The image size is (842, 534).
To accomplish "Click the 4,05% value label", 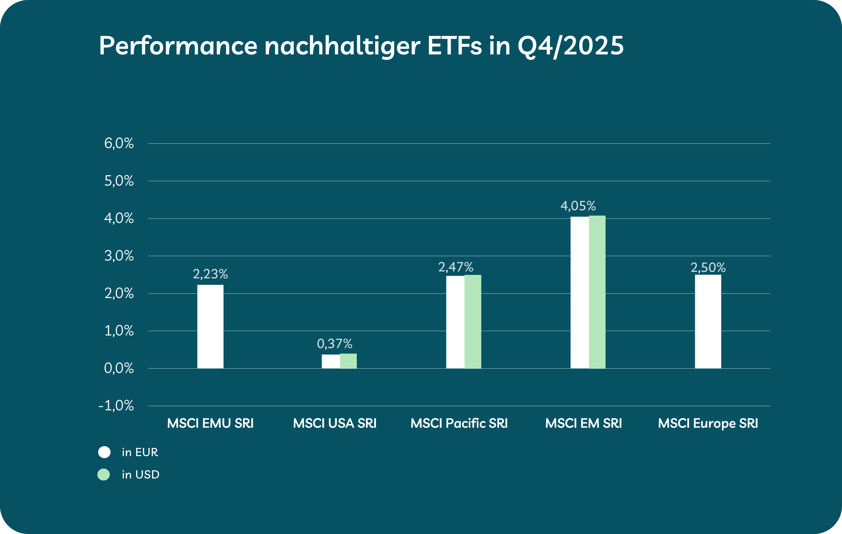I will pos(578,206).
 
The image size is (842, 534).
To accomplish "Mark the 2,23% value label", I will pos(210,274).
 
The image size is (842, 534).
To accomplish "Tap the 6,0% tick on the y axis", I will pos(119,143).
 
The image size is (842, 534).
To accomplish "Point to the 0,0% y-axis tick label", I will pos(119,368).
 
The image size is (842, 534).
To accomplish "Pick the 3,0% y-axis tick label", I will pos(119,256).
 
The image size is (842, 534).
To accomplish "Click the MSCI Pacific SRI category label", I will pos(459,423).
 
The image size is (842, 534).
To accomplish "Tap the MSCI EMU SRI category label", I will pos(210,423).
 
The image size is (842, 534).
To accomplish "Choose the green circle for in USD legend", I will pos(103,475).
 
